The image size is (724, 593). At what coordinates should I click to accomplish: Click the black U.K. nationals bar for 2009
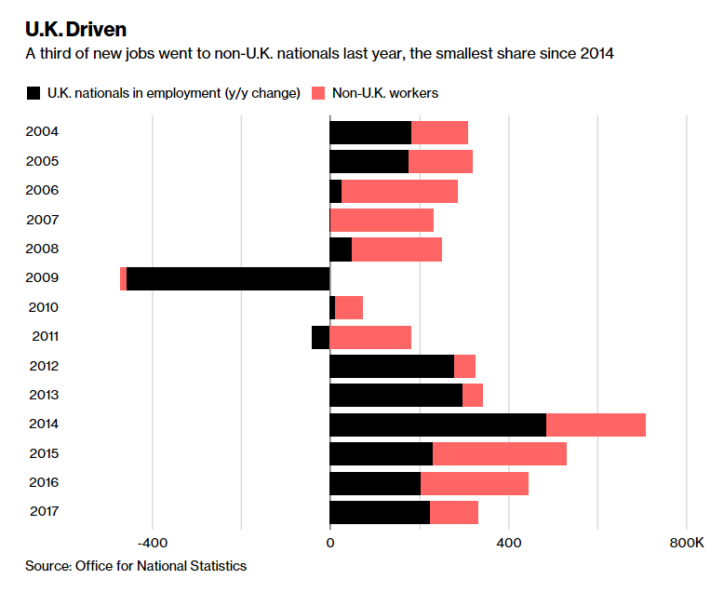click(x=228, y=278)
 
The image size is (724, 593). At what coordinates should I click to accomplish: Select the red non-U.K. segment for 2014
click(x=596, y=425)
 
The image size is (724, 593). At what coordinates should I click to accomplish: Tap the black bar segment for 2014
click(x=437, y=425)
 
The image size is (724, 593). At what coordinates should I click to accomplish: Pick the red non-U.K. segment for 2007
click(x=382, y=220)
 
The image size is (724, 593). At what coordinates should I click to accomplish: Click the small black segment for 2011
click(x=320, y=337)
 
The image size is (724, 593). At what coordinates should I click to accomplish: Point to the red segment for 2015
click(x=500, y=453)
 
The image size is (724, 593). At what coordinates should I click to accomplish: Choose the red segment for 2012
click(x=464, y=366)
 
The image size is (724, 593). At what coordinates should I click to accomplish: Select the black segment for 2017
click(x=380, y=512)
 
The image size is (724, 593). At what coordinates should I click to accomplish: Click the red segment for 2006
click(x=399, y=191)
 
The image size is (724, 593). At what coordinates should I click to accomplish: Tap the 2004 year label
click(x=42, y=131)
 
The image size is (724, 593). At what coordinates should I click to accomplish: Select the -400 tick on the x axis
click(x=151, y=543)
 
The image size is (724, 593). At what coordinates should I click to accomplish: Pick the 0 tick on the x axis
click(x=329, y=543)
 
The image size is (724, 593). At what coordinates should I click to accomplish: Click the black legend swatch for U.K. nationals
click(x=34, y=93)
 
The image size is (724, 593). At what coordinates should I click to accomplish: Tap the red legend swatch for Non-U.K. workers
click(x=317, y=93)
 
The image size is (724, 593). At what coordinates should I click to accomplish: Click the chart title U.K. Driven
click(x=75, y=29)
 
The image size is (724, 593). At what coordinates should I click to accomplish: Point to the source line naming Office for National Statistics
click(x=135, y=565)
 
